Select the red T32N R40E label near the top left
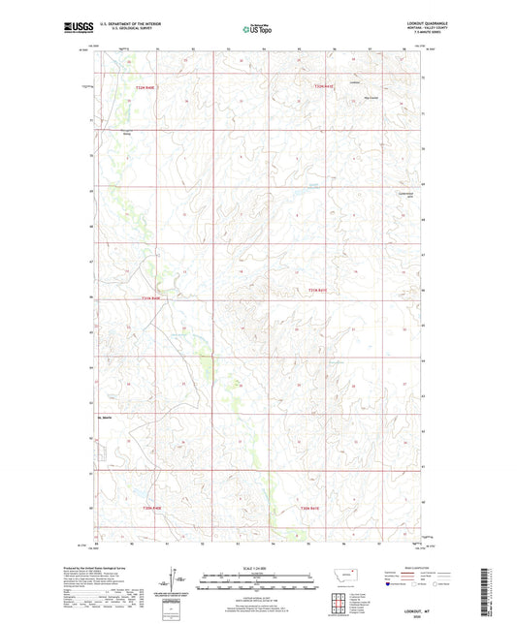pyautogui.click(x=145, y=88)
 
